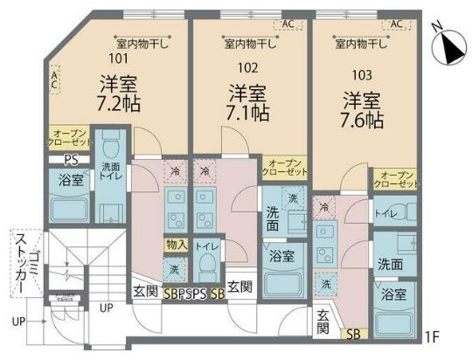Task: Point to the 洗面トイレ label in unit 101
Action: point(110,170)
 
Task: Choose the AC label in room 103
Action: point(396,24)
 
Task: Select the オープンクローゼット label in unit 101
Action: point(66,137)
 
